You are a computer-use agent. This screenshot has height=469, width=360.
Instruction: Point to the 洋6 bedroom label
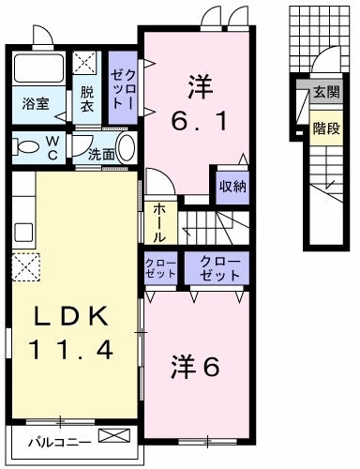coord(195,365)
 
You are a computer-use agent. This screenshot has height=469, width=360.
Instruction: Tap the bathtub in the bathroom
coord(35,69)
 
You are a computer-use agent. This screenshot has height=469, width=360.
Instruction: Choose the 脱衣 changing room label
coord(86,98)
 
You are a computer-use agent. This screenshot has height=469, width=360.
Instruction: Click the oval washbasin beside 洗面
coord(127,148)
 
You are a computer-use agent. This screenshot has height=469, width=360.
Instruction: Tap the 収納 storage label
coord(232,185)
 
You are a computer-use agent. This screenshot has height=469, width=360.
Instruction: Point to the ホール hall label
coord(157,222)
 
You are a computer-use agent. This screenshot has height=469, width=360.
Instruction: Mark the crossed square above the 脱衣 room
coord(85,63)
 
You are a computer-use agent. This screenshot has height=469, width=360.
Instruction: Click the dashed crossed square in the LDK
coord(25,267)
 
